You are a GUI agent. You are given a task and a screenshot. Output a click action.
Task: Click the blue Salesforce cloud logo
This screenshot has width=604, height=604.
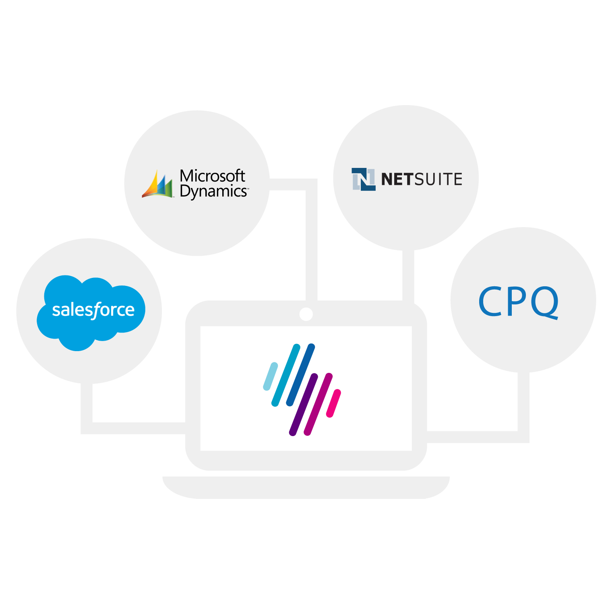91,310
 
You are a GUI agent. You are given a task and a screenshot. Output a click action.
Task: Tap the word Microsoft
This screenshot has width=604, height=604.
212,176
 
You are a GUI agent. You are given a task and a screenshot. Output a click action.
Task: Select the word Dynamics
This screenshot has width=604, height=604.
213,192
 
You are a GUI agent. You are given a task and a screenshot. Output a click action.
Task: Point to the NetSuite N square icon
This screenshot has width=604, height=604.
363,179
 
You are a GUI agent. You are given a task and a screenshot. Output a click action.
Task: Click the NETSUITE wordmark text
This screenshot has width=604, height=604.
422,179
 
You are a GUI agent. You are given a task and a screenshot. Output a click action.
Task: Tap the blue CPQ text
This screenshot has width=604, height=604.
519,302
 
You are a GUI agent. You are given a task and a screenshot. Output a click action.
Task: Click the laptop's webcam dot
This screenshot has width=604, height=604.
306,314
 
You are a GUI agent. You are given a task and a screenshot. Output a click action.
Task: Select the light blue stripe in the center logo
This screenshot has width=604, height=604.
271,376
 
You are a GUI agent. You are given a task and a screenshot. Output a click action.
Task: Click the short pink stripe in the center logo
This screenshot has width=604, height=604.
333,403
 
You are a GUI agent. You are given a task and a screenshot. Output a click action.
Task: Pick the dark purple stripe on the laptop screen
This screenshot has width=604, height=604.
303,404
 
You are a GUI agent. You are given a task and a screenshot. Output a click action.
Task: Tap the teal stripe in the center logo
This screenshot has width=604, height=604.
286,375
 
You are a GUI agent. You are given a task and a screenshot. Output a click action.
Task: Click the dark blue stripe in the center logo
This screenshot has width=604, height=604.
300,374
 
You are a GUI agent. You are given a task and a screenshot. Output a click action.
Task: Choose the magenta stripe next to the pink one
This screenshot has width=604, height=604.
318,404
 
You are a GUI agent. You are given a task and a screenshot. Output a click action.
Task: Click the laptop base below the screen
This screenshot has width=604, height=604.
306,487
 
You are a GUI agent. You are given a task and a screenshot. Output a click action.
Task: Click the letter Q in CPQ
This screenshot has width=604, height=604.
544,302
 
